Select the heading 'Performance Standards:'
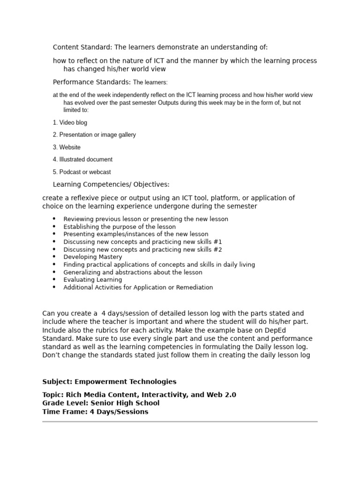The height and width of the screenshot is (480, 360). [91, 82]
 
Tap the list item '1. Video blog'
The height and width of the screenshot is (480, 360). [70, 123]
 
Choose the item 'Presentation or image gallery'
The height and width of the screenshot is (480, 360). [97, 135]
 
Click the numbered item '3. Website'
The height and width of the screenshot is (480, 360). [67, 147]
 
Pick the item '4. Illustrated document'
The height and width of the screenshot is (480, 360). [82, 159]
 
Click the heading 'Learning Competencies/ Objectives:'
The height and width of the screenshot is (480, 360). [111, 184]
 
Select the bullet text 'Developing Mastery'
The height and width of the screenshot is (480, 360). [93, 257]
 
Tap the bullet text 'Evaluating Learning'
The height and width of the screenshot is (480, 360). [93, 280]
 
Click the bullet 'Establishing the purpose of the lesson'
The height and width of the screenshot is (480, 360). [120, 227]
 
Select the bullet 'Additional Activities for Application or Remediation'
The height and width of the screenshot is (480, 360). [138, 287]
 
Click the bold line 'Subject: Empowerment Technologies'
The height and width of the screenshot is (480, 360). [109, 382]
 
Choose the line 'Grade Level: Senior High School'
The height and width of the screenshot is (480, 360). [101, 403]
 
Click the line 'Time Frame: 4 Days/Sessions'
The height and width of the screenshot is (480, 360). [95, 412]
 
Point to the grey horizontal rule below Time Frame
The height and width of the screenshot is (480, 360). [180, 421]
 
